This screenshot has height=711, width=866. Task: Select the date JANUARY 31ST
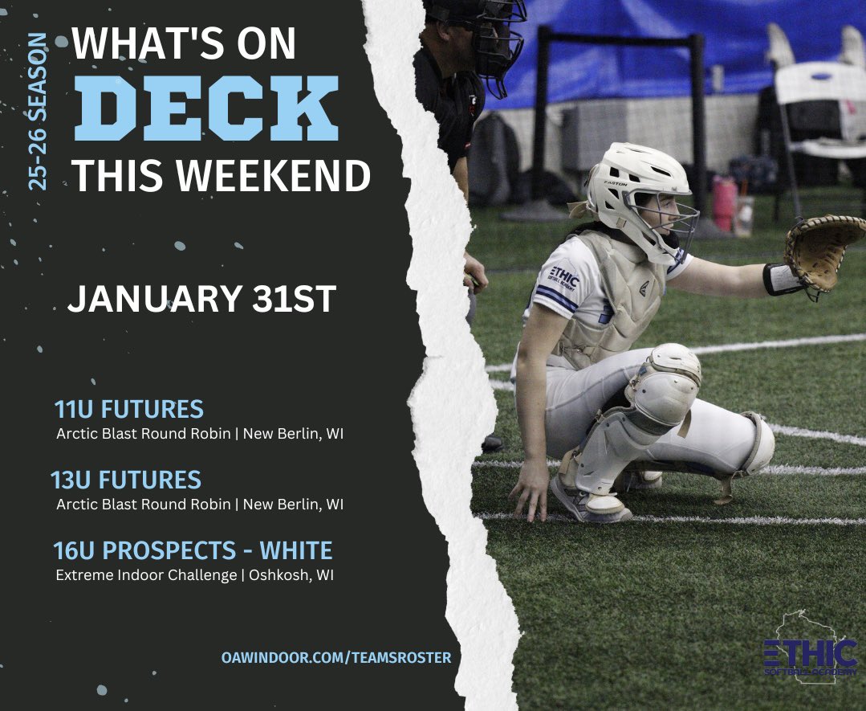pyautogui.click(x=201, y=299)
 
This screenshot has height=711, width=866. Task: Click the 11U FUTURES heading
pyautogui.click(x=128, y=409)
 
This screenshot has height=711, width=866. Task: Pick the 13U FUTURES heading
pyautogui.click(x=126, y=480)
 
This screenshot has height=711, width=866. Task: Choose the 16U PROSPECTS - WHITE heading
pyautogui.click(x=193, y=551)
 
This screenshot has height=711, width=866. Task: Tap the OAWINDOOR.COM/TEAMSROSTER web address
pyautogui.click(x=336, y=657)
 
